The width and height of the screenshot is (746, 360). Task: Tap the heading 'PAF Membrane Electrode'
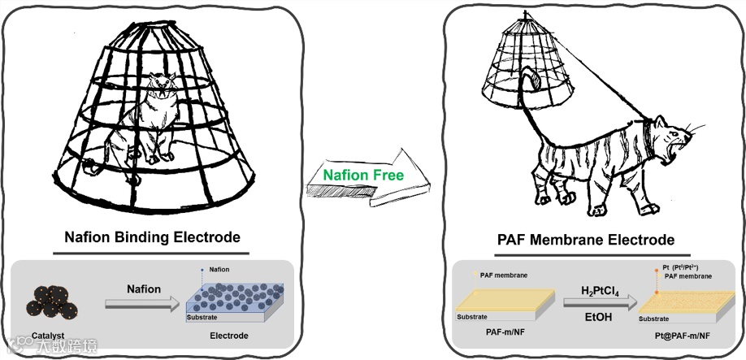click(x=585, y=240)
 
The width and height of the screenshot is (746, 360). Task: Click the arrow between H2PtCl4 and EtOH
click(x=598, y=305)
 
